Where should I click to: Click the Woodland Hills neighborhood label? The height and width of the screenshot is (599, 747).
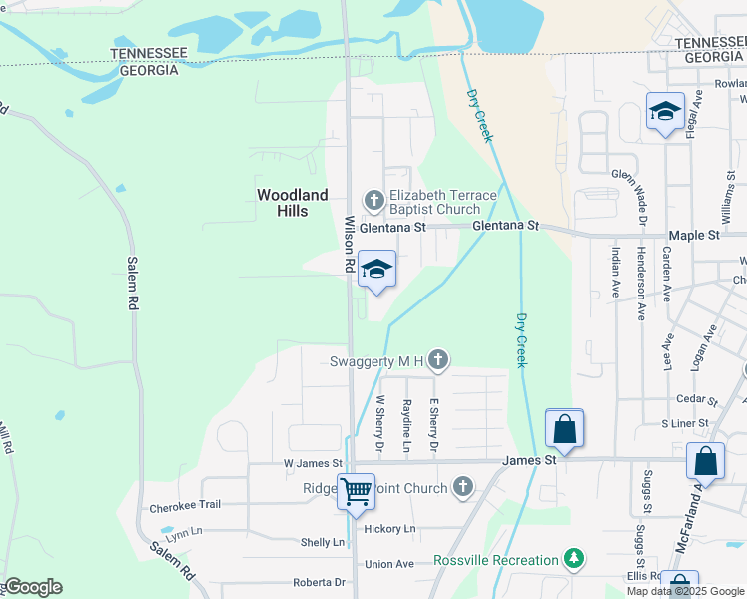[292, 203]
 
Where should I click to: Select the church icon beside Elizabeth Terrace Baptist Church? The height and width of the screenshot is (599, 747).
[373, 202]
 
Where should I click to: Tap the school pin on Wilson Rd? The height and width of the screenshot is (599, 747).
[376, 270]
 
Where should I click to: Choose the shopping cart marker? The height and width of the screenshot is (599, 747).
[356, 492]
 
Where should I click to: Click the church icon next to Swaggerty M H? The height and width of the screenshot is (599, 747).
[438, 360]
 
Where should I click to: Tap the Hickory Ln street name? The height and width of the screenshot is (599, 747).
[389, 528]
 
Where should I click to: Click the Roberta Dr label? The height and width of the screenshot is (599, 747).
[319, 582]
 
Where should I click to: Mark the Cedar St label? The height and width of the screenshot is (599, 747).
[697, 399]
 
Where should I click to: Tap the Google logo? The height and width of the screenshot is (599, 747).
[33, 586]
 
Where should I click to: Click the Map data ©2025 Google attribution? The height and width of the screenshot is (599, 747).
[685, 591]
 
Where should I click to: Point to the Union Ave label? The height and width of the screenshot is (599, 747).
[389, 564]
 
